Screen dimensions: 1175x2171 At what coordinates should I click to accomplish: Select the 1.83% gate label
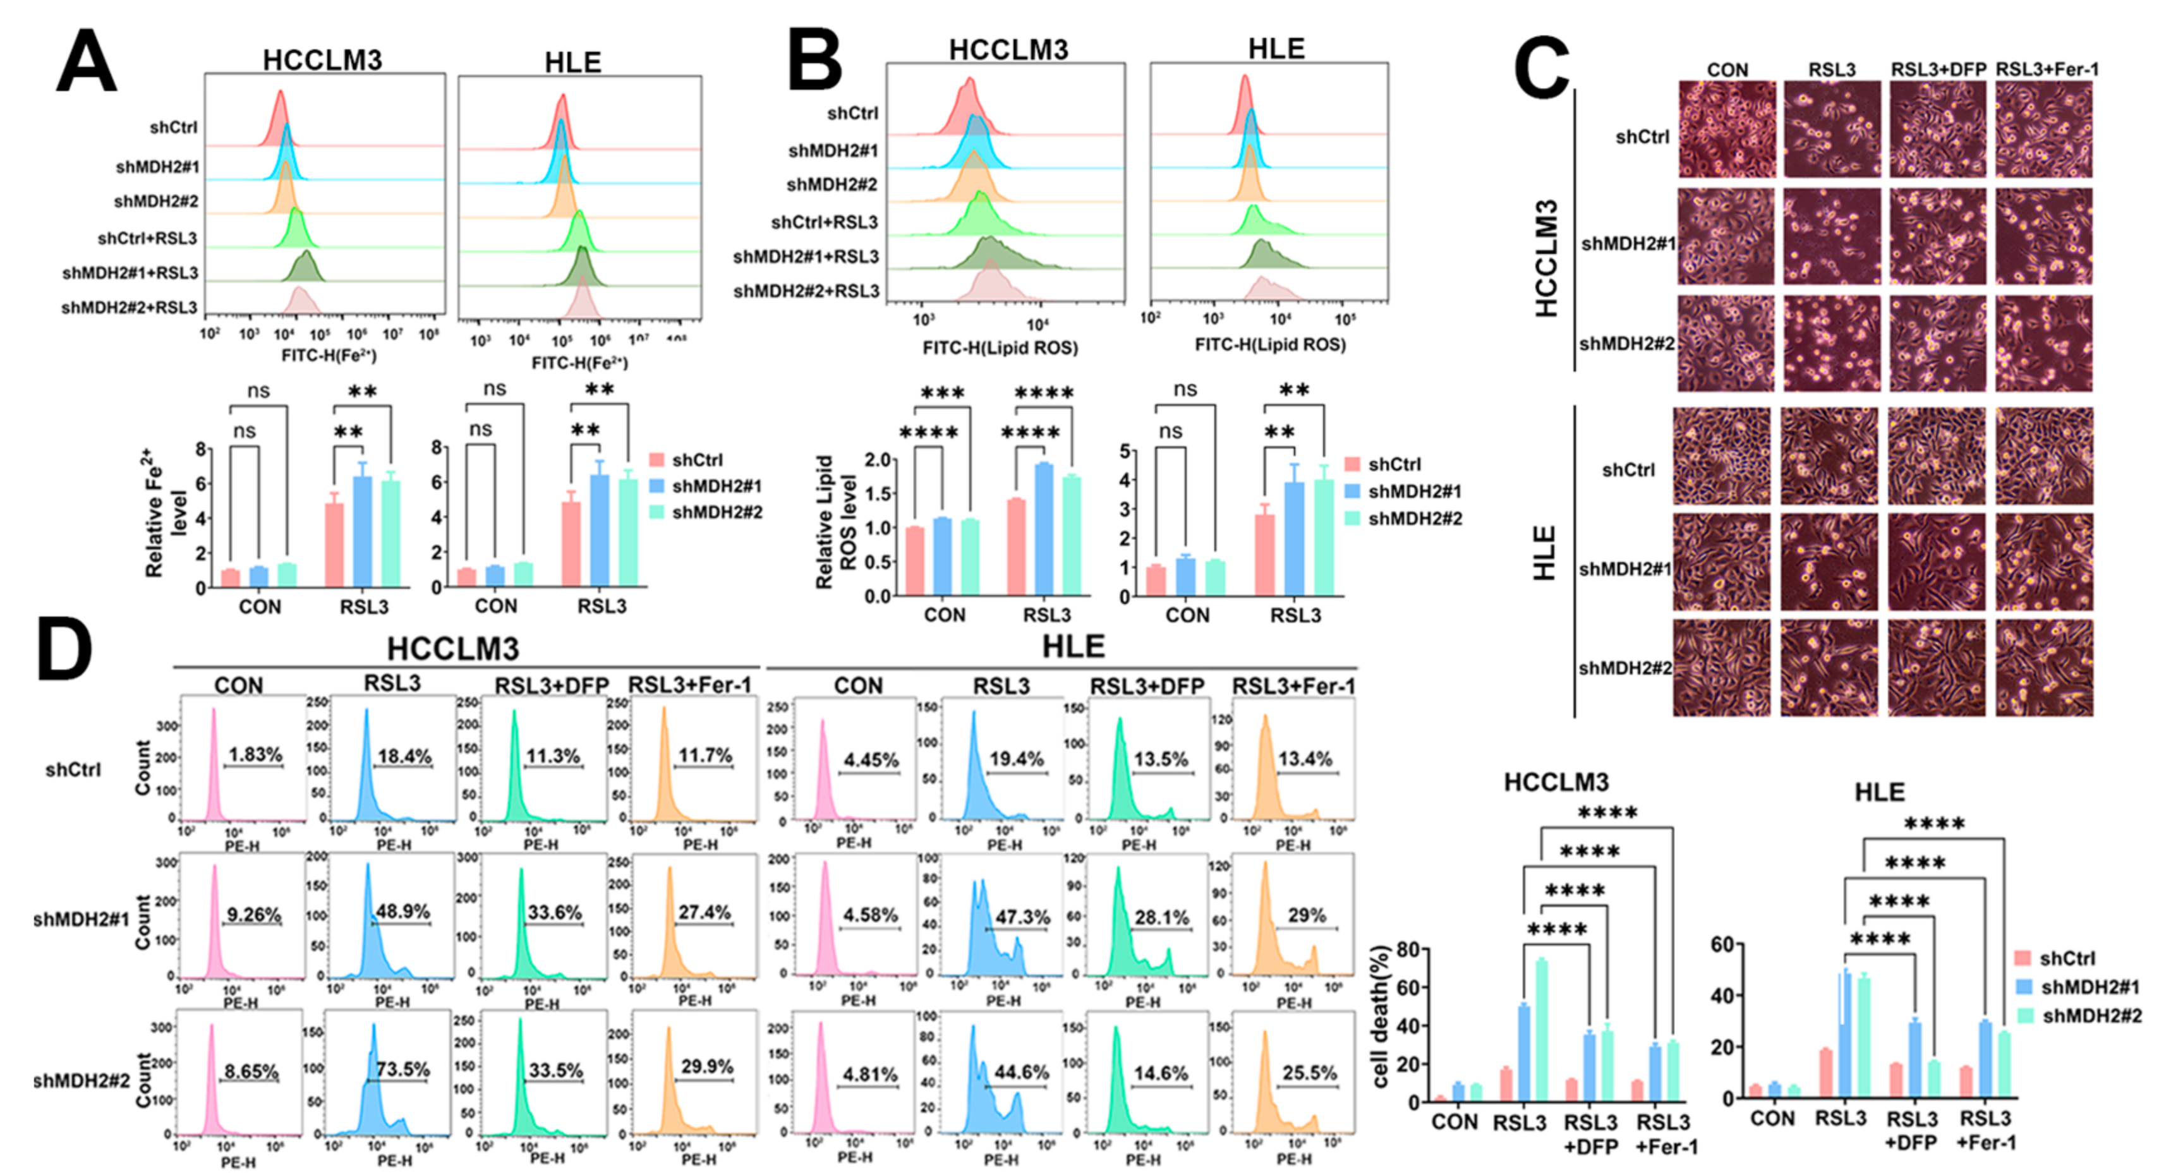coord(255,754)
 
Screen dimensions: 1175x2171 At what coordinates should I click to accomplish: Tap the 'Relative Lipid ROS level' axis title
coord(835,522)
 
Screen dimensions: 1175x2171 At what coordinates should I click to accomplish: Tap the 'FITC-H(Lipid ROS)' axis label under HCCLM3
coord(1000,347)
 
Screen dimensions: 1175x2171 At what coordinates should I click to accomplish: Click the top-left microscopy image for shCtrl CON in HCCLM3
coord(1726,129)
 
